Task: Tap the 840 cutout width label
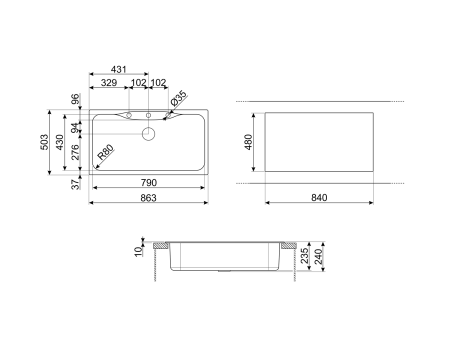point(319,197)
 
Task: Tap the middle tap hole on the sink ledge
point(148,116)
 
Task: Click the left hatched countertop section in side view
point(159,245)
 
